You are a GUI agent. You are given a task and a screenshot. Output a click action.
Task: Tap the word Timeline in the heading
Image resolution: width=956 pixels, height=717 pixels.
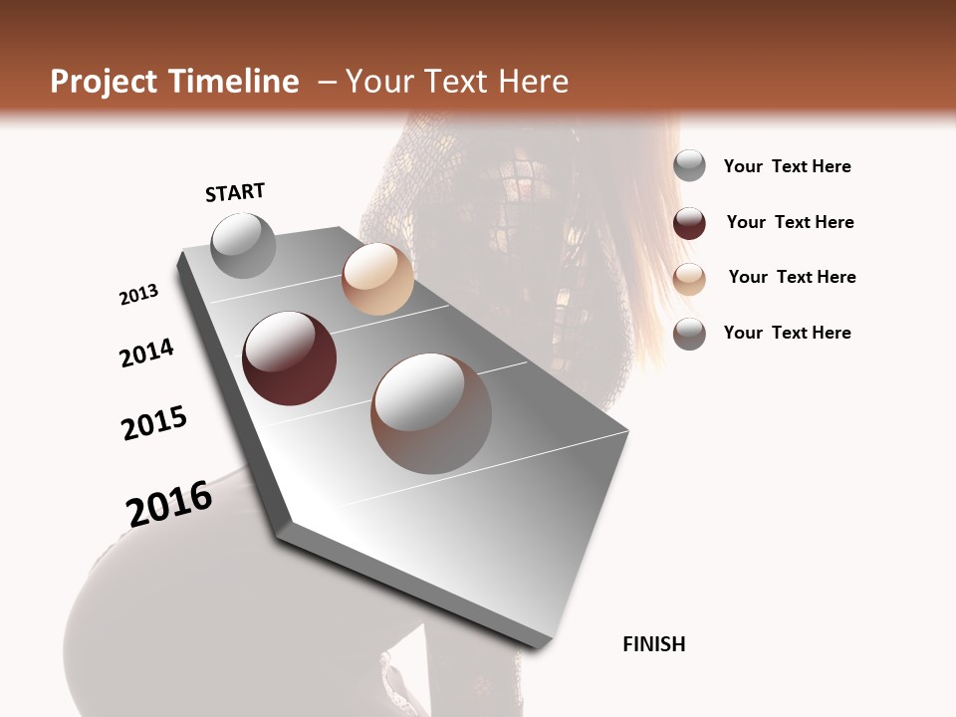pyautogui.click(x=234, y=82)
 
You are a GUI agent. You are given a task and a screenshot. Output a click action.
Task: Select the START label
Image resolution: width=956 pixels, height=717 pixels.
pyautogui.click(x=235, y=192)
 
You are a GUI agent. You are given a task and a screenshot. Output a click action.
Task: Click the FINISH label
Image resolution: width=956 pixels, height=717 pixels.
pyautogui.click(x=653, y=644)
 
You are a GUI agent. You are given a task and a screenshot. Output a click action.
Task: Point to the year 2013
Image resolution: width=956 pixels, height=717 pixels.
pyautogui.click(x=138, y=295)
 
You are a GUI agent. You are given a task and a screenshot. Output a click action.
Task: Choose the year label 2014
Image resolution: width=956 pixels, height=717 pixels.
pyautogui.click(x=146, y=353)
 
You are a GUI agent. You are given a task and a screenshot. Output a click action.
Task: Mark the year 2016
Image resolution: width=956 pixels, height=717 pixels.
pyautogui.click(x=169, y=504)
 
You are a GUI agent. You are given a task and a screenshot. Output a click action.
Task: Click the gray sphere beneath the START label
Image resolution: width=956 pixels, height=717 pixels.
pyautogui.click(x=243, y=245)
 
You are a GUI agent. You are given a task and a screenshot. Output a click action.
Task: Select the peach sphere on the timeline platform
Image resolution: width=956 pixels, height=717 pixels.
pyautogui.click(x=377, y=279)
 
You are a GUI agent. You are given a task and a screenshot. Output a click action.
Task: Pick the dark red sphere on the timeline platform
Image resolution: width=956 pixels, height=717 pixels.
pyautogui.click(x=289, y=358)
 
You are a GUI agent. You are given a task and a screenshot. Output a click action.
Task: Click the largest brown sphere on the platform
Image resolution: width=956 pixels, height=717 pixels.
pyautogui.click(x=431, y=413)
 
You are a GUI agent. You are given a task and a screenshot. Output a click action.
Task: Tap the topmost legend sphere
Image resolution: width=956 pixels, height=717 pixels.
pyautogui.click(x=689, y=165)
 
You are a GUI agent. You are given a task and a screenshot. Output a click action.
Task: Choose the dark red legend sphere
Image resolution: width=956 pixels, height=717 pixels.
pyautogui.click(x=689, y=223)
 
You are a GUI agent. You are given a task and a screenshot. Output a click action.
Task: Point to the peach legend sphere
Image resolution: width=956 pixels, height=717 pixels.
pyautogui.click(x=689, y=278)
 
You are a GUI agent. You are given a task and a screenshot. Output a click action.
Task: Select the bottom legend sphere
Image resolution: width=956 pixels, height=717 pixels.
pyautogui.click(x=689, y=334)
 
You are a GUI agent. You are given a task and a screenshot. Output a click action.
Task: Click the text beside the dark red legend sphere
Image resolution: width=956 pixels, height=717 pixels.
pyautogui.click(x=790, y=222)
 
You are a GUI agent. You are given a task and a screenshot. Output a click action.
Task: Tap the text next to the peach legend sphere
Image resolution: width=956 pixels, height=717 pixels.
pyautogui.click(x=792, y=277)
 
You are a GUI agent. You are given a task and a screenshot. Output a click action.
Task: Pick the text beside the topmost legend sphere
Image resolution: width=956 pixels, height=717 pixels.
pyautogui.click(x=787, y=166)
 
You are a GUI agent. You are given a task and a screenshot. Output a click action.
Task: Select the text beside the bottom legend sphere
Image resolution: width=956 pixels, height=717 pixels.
pyautogui.click(x=787, y=333)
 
